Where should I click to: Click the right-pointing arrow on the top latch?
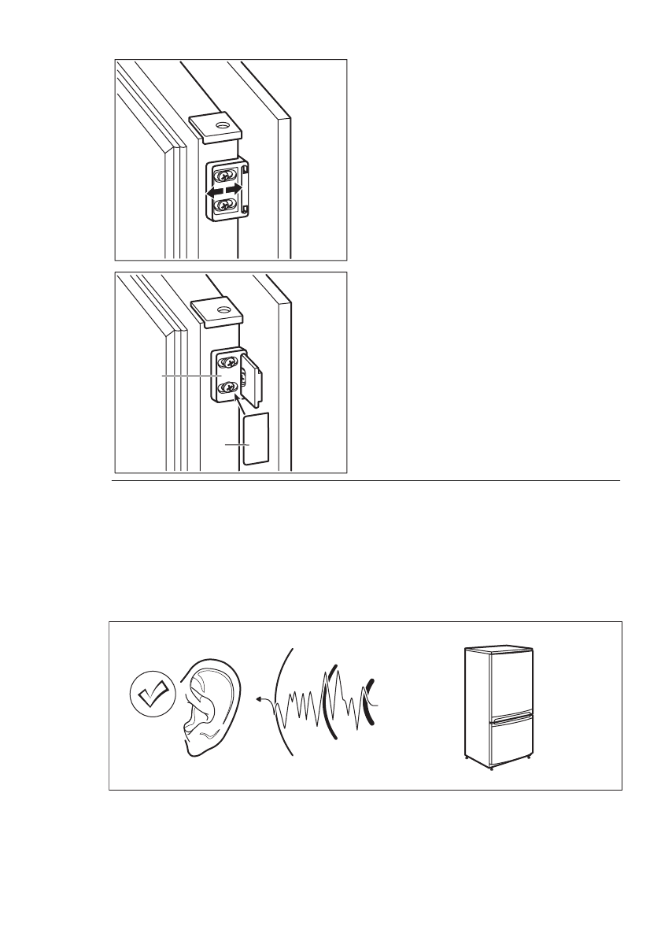tap(233, 190)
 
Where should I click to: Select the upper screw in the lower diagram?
tap(228, 363)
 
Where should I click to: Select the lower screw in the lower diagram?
tap(228, 387)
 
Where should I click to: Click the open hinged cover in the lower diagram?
tap(252, 377)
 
